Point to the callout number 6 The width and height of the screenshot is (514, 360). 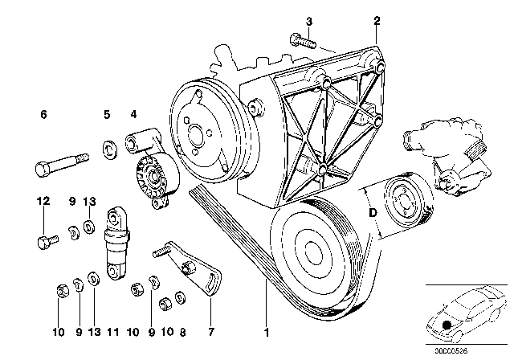[x=43, y=116]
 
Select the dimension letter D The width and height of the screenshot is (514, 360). [x=371, y=215]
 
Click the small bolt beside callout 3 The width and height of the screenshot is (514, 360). [x=304, y=38]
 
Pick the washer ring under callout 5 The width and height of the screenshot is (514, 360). [x=107, y=148]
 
